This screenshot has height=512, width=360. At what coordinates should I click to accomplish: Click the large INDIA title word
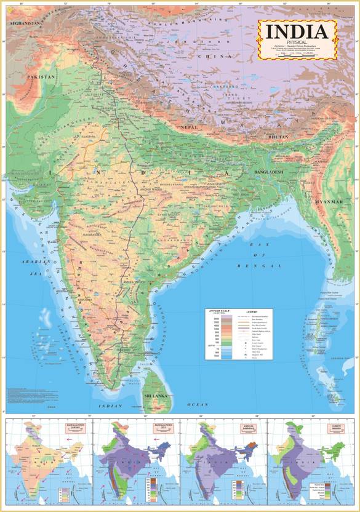[x=297, y=31]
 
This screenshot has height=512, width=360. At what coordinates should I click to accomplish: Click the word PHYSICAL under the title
[x=297, y=42]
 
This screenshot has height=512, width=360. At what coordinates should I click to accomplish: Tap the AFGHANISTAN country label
[x=23, y=23]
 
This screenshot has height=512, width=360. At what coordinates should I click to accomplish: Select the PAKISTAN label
[x=41, y=77]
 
